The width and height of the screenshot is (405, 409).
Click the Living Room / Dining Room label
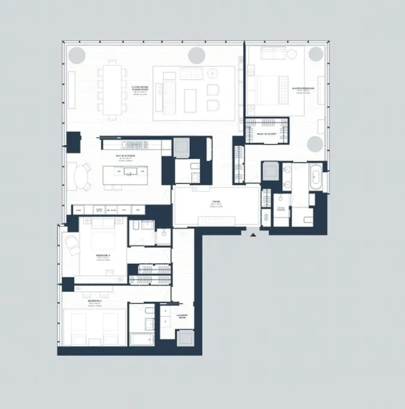[x=140, y=89]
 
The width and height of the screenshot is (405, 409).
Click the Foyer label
[x=216, y=203]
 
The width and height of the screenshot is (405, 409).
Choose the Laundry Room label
[x=182, y=316]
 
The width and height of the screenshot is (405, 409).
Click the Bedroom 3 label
[x=94, y=301]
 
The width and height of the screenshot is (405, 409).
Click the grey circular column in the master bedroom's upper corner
[x=316, y=53]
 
